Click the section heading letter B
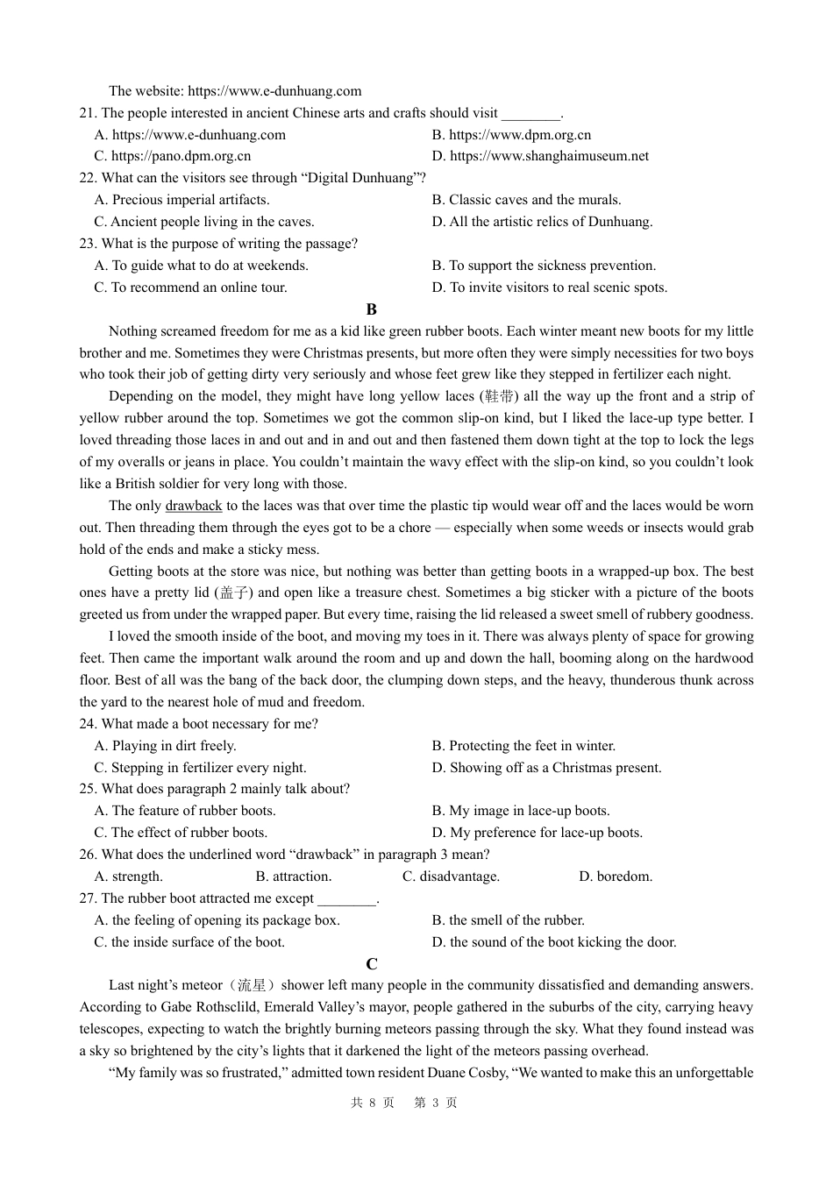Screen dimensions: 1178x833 click(372, 309)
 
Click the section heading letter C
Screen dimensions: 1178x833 click(372, 964)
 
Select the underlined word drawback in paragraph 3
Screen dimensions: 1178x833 click(194, 506)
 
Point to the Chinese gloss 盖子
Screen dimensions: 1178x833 click(232, 593)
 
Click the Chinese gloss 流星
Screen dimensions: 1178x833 click(256, 986)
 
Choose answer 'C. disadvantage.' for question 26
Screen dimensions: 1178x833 click(451, 876)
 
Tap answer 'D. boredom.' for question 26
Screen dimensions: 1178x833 click(616, 876)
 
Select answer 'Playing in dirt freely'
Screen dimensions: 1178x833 click(165, 746)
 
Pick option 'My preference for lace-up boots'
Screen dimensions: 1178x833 click(537, 833)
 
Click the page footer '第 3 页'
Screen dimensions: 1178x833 click(436, 1103)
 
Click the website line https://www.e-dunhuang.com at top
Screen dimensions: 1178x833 click(235, 91)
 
